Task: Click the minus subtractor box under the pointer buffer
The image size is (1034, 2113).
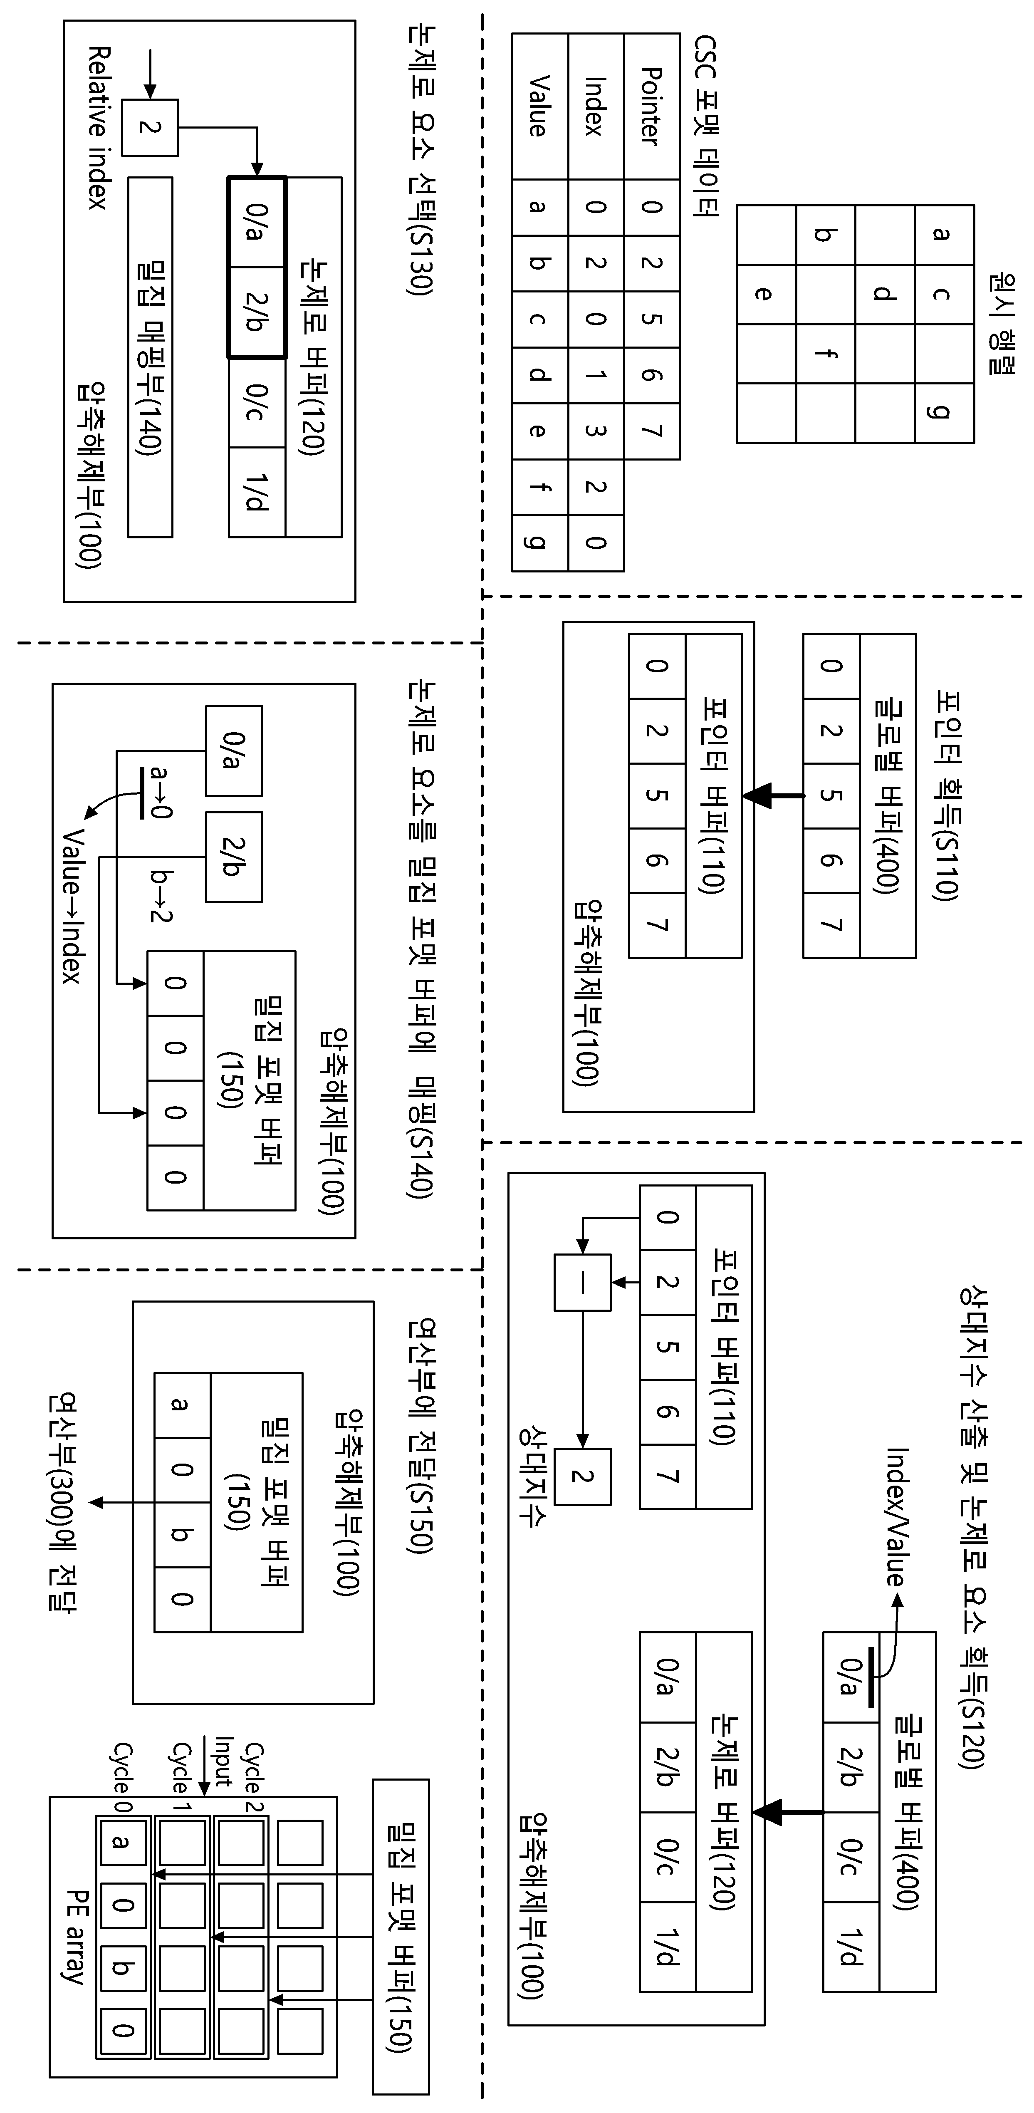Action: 582,1282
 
